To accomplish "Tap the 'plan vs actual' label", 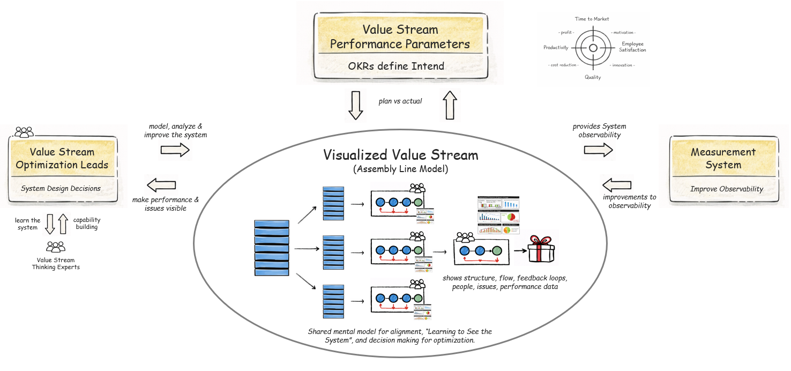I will click(x=400, y=101).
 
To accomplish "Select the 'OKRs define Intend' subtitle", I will click(x=400, y=66).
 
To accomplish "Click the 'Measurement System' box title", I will click(x=723, y=158).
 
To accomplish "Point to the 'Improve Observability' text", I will click(x=723, y=189).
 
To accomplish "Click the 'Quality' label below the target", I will click(x=593, y=77).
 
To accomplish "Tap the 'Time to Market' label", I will click(x=592, y=19).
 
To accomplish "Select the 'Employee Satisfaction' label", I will click(x=633, y=47).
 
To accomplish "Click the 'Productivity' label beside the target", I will click(x=556, y=48).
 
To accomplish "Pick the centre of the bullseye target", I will click(x=593, y=48).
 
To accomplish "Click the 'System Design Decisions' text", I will click(x=61, y=188).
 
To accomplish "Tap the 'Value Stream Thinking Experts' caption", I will click(x=56, y=264).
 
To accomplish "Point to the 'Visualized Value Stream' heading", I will click(x=400, y=155).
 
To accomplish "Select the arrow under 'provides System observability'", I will click(x=598, y=151).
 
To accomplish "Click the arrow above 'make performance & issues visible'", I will click(x=161, y=186).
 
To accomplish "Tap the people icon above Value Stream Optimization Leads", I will click(x=24, y=131).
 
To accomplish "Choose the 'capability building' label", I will click(x=87, y=224).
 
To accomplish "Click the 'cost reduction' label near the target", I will click(x=563, y=65).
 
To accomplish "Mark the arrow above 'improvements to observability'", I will click(x=617, y=185).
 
